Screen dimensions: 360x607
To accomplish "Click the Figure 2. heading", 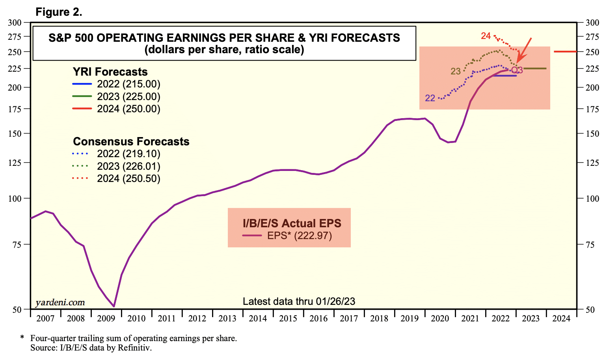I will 59,12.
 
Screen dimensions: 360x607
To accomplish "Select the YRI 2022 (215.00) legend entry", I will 117,84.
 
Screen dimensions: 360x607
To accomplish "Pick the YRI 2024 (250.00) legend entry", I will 117,109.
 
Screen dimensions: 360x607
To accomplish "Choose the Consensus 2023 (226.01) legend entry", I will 117,166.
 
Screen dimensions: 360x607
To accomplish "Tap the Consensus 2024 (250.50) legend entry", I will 117,179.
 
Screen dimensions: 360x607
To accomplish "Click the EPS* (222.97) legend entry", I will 287,236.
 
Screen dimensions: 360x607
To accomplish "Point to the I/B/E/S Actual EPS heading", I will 292,223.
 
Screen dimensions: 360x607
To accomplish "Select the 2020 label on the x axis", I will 440,318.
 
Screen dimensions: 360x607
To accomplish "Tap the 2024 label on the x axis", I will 561,318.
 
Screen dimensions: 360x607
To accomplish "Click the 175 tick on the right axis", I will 592,109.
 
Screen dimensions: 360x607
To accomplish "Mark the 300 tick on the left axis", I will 15,22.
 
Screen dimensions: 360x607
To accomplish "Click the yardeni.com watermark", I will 60,302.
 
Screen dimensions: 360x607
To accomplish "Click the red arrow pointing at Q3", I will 524,49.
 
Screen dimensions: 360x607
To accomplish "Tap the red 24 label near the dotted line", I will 486,36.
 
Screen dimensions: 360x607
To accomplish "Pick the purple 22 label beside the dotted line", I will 430,98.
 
